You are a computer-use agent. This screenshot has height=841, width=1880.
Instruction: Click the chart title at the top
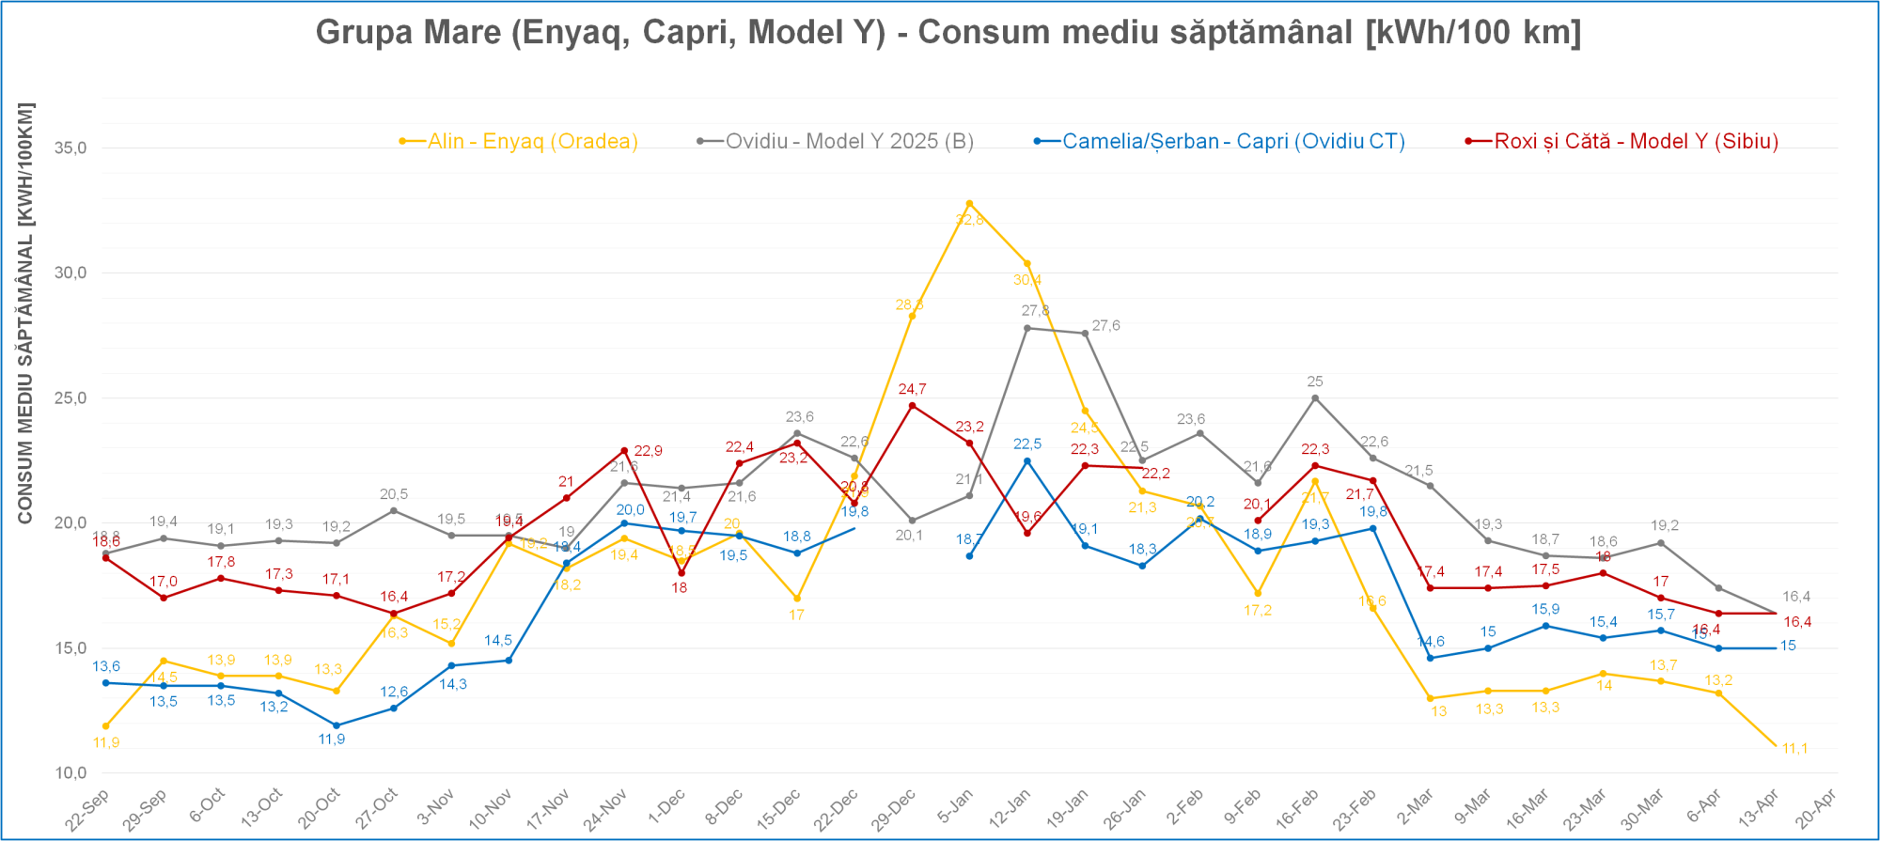(x=948, y=32)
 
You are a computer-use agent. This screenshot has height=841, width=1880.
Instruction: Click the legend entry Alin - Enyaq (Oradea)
(x=532, y=141)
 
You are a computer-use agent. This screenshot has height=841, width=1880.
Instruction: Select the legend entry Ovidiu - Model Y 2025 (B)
(x=849, y=141)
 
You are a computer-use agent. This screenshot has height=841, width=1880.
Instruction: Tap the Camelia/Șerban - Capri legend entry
(x=1232, y=141)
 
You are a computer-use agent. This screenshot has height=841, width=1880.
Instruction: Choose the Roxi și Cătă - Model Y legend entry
(x=1636, y=141)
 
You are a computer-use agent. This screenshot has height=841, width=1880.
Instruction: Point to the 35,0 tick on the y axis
(x=70, y=148)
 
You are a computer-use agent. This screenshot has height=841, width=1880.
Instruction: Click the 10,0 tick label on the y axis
(x=70, y=773)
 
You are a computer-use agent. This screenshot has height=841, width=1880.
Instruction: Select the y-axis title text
(x=25, y=313)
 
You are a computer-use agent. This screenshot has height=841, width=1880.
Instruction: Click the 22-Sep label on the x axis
(x=87, y=810)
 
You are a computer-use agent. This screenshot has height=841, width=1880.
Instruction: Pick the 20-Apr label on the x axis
(x=1815, y=809)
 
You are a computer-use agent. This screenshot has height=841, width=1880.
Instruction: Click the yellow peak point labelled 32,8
(x=969, y=204)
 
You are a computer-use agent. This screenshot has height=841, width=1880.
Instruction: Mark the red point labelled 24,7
(x=912, y=406)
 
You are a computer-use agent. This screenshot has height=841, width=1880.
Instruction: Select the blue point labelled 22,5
(x=1026, y=461)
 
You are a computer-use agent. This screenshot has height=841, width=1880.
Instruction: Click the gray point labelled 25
(x=1315, y=398)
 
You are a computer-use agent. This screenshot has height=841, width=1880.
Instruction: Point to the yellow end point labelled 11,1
(x=1776, y=746)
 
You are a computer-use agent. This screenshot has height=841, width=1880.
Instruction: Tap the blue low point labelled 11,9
(x=336, y=725)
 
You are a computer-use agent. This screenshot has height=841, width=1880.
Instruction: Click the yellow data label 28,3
(x=909, y=304)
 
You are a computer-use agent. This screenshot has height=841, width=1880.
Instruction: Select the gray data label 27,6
(x=1105, y=326)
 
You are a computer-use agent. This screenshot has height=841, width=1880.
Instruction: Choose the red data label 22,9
(x=648, y=451)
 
